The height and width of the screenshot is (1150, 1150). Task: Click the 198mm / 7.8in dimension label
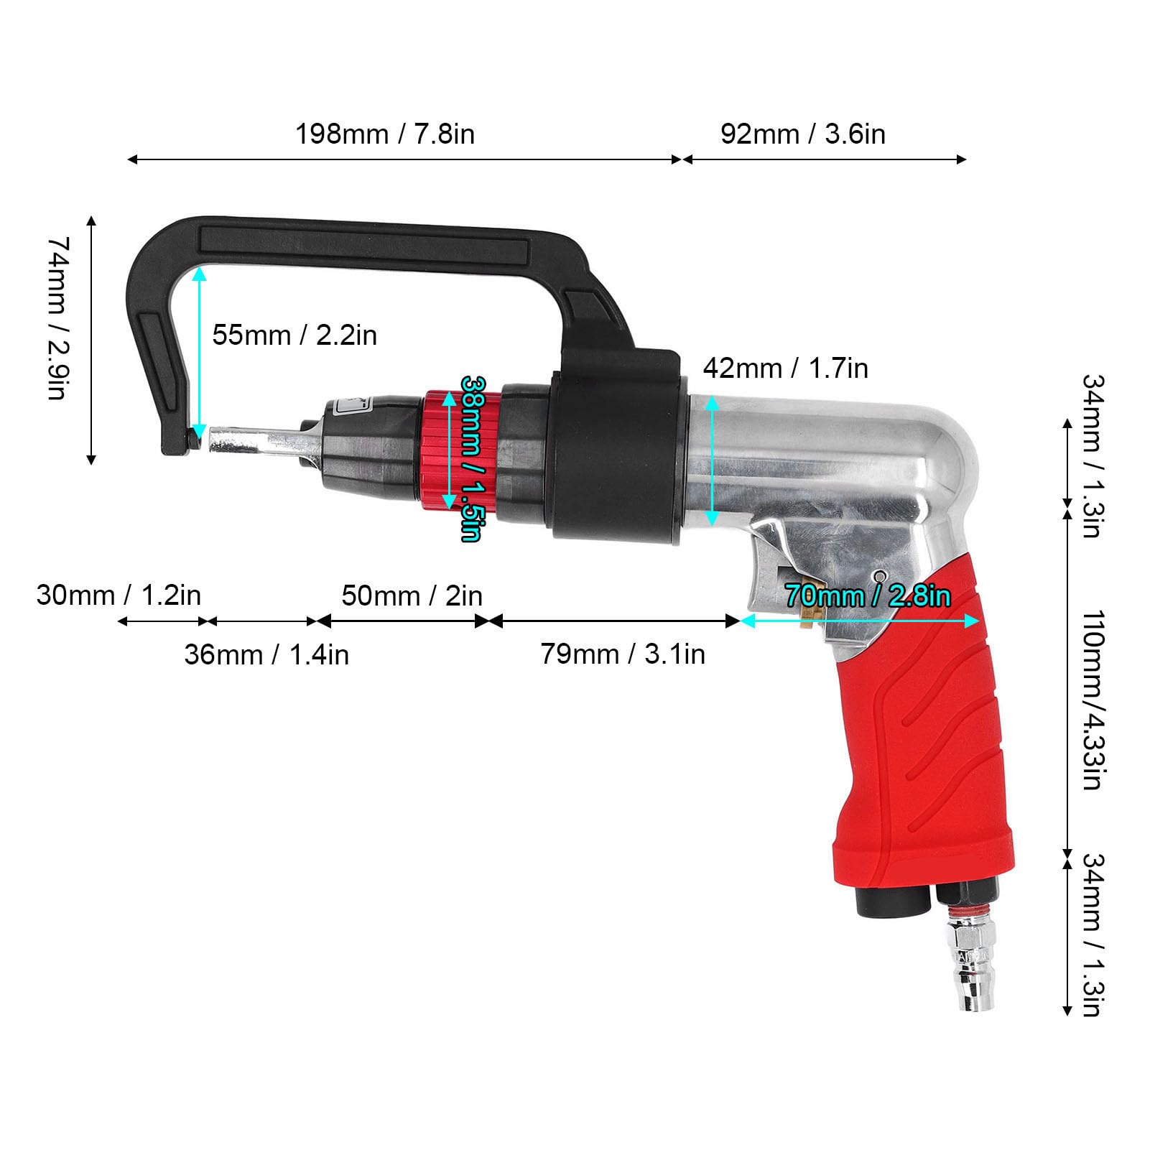[x=385, y=134]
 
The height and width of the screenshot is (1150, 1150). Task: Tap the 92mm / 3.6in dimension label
[x=802, y=134]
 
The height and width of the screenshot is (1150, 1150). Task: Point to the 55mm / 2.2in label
[x=295, y=335]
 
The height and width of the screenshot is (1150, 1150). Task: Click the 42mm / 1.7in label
[x=785, y=368]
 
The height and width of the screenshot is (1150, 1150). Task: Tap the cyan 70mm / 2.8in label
[x=868, y=595]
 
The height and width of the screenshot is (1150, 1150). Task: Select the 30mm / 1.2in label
[x=119, y=595]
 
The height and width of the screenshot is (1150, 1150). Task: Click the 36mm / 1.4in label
[x=266, y=654]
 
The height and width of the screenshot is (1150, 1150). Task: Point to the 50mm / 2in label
[x=412, y=595]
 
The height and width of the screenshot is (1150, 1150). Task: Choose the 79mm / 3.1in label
[x=623, y=654]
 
